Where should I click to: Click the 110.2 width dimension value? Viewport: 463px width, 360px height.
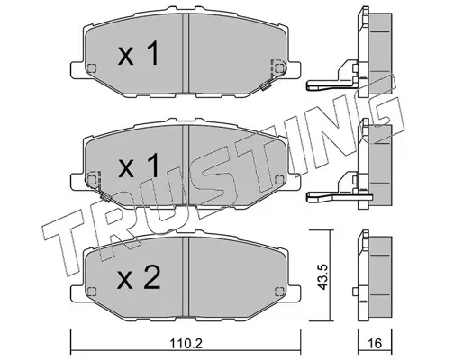click(186, 343)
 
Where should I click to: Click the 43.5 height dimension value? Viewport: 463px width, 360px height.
click(322, 277)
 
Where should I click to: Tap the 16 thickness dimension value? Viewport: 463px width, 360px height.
click(375, 343)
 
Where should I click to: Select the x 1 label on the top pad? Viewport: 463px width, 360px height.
click(138, 53)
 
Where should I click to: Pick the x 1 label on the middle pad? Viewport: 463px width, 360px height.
click(138, 165)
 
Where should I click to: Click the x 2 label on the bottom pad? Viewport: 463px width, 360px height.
click(139, 277)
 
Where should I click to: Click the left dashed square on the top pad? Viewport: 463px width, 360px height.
click(92, 68)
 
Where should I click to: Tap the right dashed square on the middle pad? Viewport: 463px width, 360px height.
click(279, 180)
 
